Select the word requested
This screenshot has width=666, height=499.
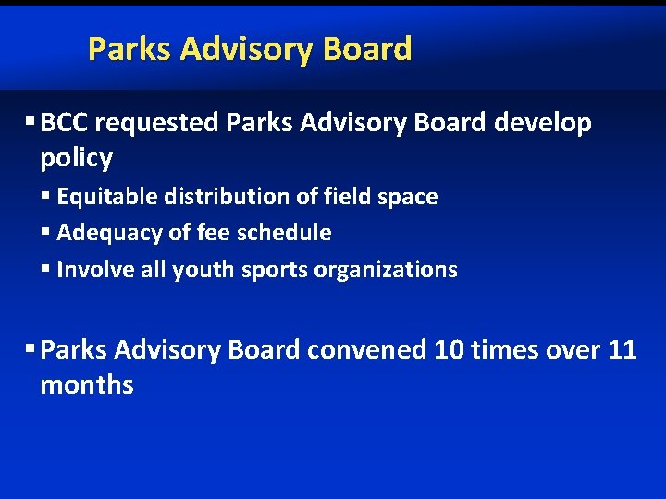(x=157, y=123)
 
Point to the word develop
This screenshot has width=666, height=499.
(x=543, y=123)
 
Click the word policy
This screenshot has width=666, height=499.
(x=76, y=158)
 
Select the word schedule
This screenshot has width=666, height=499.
(x=285, y=233)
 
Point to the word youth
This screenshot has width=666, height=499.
(x=203, y=270)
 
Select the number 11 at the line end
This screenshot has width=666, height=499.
(x=622, y=350)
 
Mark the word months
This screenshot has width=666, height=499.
(x=86, y=385)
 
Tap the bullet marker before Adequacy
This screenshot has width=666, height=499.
(x=46, y=233)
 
